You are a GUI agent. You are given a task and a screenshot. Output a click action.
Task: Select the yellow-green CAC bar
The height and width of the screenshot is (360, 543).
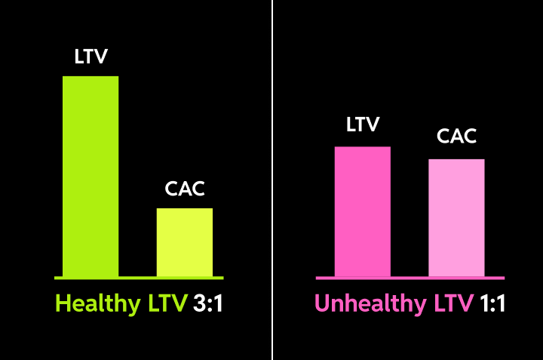[x=185, y=242]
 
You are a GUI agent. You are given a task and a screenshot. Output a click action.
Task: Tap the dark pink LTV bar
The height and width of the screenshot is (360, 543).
[x=363, y=211]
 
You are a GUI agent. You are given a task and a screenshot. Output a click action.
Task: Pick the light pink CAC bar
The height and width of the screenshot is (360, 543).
[x=456, y=217]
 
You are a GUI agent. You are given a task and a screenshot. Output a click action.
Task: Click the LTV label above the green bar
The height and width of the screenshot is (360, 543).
[x=90, y=57]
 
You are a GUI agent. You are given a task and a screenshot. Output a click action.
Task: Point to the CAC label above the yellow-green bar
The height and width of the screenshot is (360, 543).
[x=185, y=189]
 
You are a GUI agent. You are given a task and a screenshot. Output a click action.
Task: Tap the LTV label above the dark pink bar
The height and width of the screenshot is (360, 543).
[x=363, y=125]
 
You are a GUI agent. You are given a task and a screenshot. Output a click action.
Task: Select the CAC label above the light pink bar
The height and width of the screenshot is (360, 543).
[x=457, y=137]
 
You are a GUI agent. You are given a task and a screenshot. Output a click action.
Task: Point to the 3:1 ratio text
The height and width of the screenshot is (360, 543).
[x=208, y=304]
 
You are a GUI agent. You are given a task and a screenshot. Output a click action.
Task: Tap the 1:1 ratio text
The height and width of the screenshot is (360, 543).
[x=490, y=304]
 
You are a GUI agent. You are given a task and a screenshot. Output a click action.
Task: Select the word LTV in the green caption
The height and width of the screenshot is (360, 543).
[x=167, y=304]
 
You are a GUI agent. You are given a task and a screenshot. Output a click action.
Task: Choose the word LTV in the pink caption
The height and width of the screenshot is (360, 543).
[x=452, y=304]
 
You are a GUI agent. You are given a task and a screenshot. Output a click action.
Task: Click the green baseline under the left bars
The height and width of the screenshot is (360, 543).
[x=139, y=278]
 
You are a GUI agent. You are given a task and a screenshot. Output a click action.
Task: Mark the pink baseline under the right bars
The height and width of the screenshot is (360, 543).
[x=410, y=278]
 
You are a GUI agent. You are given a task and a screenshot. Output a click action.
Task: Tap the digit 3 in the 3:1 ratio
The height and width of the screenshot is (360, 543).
[x=199, y=304]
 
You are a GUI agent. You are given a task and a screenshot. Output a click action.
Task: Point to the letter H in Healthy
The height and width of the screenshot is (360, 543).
[x=63, y=304]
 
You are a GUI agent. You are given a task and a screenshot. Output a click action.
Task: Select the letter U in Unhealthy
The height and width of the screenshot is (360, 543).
[x=322, y=304]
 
